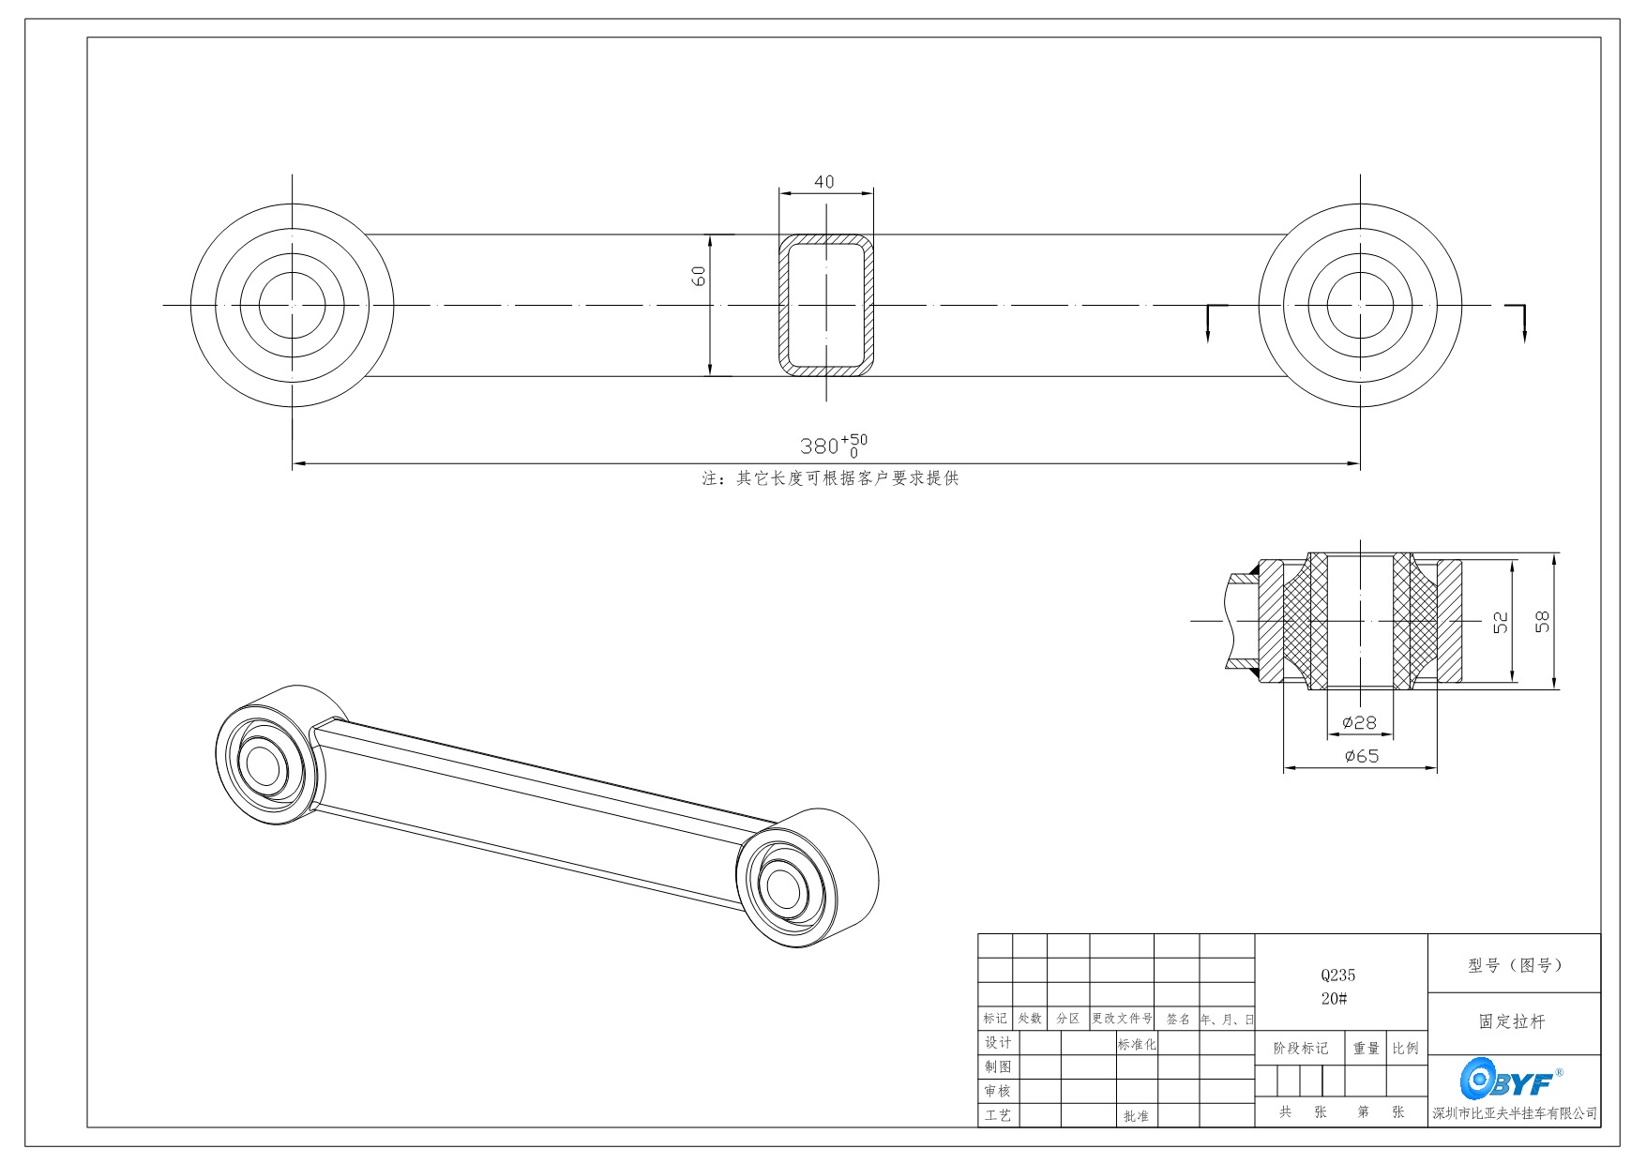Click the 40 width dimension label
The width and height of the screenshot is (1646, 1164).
(824, 182)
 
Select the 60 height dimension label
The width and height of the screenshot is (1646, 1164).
(699, 276)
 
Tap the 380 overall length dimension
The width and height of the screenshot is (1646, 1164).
(834, 446)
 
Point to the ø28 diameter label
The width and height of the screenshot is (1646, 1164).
(1359, 722)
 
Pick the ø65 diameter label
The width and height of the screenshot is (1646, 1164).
(1362, 756)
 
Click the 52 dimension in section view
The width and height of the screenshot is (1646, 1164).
(1501, 622)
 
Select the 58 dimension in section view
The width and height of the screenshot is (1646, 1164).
(1543, 621)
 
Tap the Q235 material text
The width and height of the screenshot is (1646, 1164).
(1338, 975)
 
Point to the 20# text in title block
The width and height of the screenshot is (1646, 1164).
(1335, 999)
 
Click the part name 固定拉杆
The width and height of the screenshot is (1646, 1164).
(1512, 1021)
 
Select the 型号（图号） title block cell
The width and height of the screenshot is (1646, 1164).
(1514, 964)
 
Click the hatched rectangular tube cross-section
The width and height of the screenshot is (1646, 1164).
(784, 305)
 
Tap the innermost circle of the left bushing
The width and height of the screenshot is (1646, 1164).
(293, 305)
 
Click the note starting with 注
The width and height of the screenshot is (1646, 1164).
(831, 478)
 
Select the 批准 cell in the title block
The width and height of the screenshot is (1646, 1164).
(1136, 1116)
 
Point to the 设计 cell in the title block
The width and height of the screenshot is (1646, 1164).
(998, 1043)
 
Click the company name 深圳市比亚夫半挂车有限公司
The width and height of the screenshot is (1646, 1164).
(1515, 1113)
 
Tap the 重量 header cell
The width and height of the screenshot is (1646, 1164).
(1367, 1049)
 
